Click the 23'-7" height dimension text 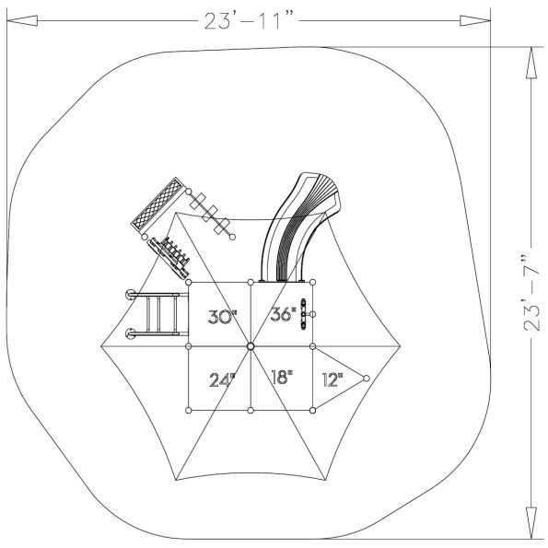(x=527, y=295)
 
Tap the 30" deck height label (x=222, y=317)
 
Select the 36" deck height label (x=284, y=313)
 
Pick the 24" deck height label (x=221, y=379)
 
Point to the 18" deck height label (x=281, y=377)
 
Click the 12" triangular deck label (x=332, y=378)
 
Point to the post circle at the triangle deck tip (x=367, y=378)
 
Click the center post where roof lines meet (x=251, y=346)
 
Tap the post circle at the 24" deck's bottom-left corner (x=189, y=410)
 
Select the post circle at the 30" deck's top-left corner (x=189, y=283)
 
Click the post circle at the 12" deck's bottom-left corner (x=313, y=410)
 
